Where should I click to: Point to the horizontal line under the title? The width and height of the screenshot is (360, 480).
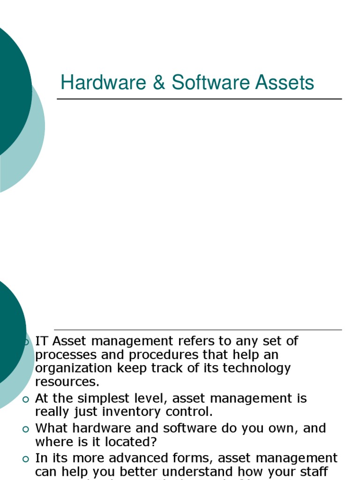[199, 99]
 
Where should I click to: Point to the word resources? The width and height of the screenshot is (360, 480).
[67, 381]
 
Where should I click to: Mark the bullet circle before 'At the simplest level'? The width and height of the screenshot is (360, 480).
[26, 399]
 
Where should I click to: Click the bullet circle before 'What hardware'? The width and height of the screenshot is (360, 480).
[26, 428]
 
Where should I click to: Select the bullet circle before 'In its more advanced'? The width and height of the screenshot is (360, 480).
[26, 458]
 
